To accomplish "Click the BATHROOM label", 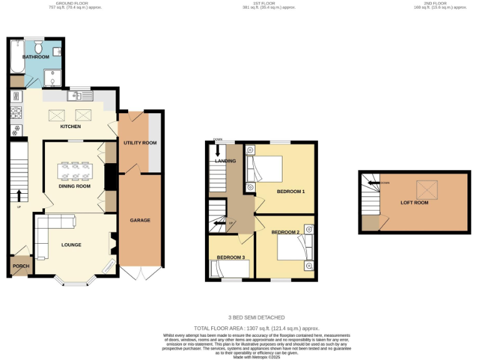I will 36,57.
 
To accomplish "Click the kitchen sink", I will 81,96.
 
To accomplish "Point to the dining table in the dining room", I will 74,171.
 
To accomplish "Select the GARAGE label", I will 139,220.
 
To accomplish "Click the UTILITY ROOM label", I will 139,142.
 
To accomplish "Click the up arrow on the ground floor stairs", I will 19,196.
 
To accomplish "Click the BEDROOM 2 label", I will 286,232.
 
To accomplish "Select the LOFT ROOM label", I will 414,202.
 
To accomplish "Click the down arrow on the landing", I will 217,150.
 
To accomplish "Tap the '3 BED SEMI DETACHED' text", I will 257,317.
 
